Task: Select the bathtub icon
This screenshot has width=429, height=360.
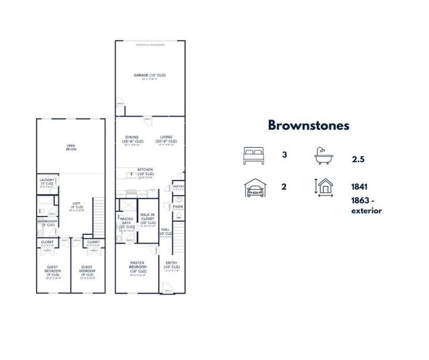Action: click(x=325, y=157)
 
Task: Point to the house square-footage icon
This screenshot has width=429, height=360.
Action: click(x=325, y=187)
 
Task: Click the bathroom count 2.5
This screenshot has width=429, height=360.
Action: click(x=359, y=160)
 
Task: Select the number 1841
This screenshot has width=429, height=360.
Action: click(x=359, y=186)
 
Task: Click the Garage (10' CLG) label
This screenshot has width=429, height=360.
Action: click(x=149, y=75)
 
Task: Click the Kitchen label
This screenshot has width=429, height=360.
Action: click(x=146, y=170)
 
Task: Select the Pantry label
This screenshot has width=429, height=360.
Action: click(x=178, y=187)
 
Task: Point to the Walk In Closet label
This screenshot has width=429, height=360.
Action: click(x=147, y=218)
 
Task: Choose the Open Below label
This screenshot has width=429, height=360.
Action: click(x=71, y=148)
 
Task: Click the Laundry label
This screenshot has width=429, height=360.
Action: click(x=46, y=181)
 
